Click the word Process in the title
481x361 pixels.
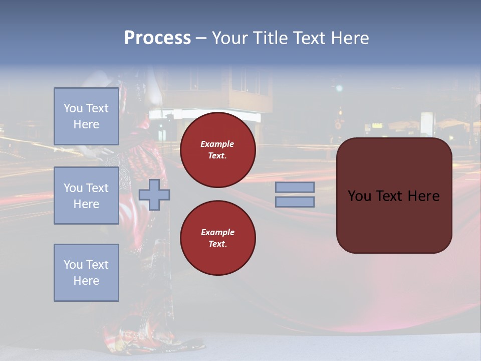(157, 38)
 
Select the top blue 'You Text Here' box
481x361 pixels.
(86, 116)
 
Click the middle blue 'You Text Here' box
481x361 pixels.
(86, 196)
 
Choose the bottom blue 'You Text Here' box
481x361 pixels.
(86, 273)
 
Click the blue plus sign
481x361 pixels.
(154, 195)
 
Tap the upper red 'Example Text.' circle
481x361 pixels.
(218, 150)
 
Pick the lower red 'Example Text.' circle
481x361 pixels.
(218, 238)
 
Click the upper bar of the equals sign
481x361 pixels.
(295, 187)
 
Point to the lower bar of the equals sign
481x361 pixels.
(295, 202)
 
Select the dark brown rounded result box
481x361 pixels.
(394, 221)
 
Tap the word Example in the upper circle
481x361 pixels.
(217, 144)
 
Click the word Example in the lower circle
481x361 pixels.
(217, 233)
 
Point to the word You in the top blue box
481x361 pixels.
(73, 108)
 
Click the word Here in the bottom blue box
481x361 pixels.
(86, 281)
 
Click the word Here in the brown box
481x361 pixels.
(424, 196)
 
